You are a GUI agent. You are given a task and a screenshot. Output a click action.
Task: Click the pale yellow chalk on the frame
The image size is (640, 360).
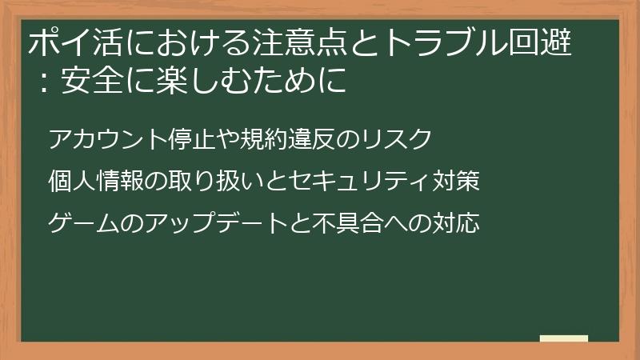pos(564,338)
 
